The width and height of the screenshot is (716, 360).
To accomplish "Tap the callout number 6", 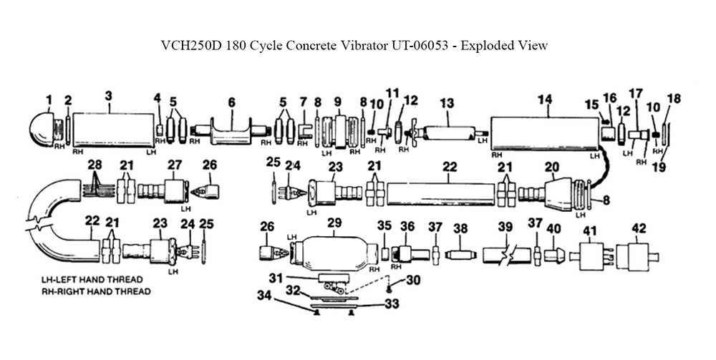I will point(231,103).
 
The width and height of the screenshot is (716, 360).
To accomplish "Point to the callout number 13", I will point(447,104).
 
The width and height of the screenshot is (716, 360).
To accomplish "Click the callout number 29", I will point(334,224).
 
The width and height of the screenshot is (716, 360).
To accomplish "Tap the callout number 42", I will point(639,228).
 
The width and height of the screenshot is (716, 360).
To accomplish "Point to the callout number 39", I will point(505,228).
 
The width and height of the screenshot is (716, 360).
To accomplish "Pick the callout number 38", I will point(460,228).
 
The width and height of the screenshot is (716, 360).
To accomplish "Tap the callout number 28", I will point(95,165).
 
